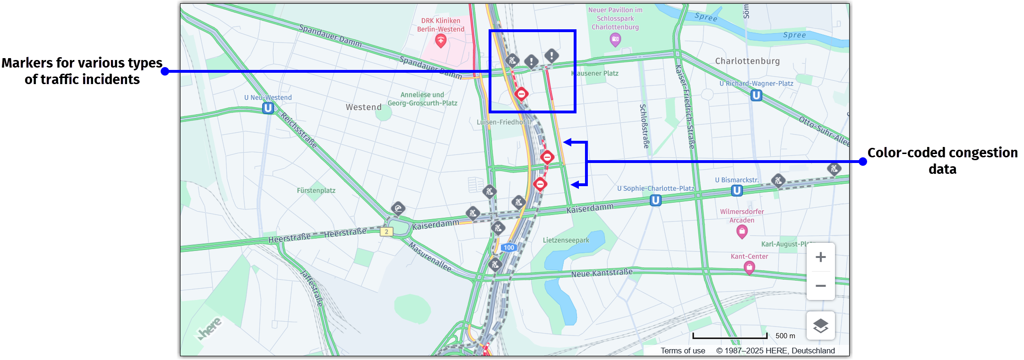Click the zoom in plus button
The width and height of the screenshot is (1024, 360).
[x=820, y=257]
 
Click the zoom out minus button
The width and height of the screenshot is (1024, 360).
[x=820, y=286]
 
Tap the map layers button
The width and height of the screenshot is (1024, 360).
[x=820, y=326]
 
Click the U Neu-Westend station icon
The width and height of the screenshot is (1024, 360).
[x=268, y=108]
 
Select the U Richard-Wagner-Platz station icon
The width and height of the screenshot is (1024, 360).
[x=756, y=95]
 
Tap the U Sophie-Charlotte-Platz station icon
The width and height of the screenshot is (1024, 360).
[x=655, y=200]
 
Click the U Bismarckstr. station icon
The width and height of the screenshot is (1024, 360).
[x=737, y=190]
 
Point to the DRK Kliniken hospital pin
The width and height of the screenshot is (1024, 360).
[x=441, y=41]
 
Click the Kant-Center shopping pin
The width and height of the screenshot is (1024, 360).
[x=749, y=268]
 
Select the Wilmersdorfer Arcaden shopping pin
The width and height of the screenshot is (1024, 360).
[x=742, y=231]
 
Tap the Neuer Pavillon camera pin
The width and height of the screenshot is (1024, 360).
[x=615, y=40]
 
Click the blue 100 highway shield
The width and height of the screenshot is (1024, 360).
[x=508, y=248]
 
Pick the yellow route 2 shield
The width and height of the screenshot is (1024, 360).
[x=387, y=231]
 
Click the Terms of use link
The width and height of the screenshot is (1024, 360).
[x=683, y=351]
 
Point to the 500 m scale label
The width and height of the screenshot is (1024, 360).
[x=785, y=336]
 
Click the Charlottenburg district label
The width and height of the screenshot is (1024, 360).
[x=747, y=61]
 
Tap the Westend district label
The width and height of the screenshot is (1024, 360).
[x=363, y=107]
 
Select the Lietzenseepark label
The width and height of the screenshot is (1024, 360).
[x=566, y=240]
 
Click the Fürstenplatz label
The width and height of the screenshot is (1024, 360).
[x=316, y=190]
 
